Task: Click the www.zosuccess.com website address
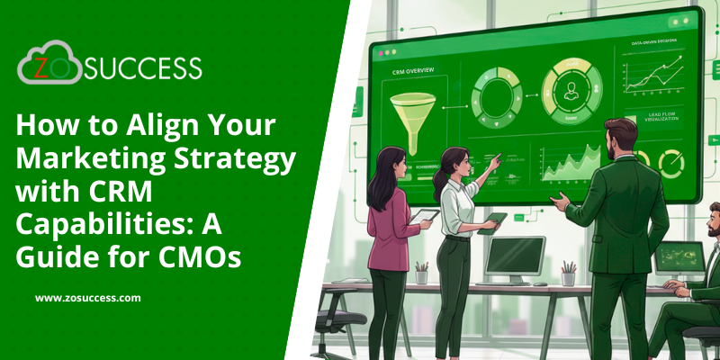click(x=88, y=297)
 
